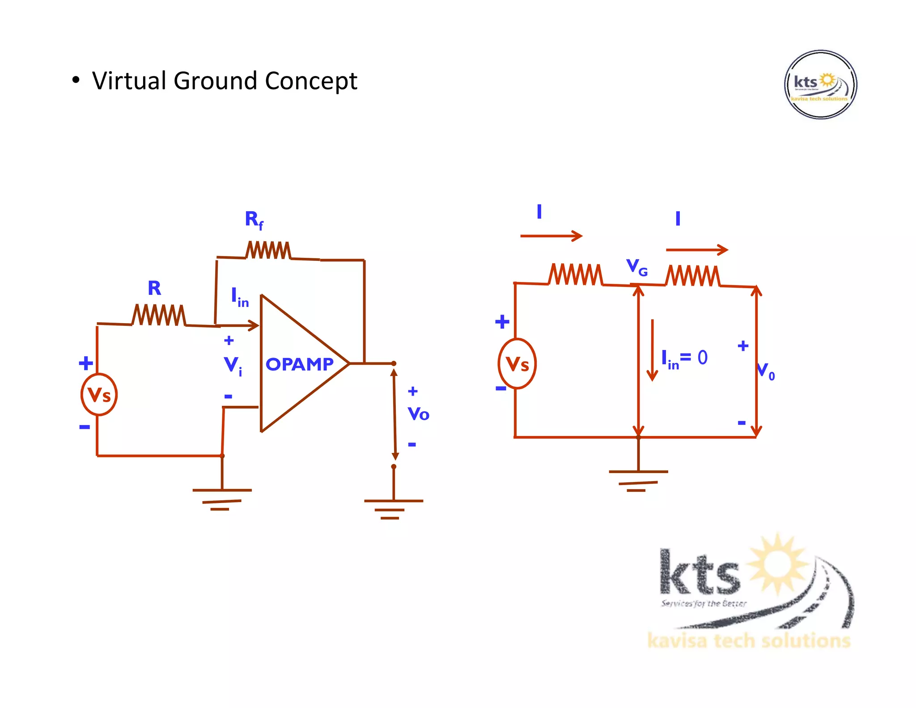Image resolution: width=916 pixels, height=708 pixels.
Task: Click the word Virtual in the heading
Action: pyautogui.click(x=129, y=81)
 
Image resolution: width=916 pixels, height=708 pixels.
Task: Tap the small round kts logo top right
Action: pyautogui.click(x=820, y=85)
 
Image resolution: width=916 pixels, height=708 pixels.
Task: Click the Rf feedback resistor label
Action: pyautogui.click(x=254, y=220)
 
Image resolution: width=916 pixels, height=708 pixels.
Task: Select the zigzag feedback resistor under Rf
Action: pyautogui.click(x=268, y=251)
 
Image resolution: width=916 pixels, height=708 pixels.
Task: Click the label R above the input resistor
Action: pyautogui.click(x=154, y=288)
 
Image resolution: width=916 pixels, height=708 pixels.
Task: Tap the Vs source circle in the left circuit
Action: pyautogui.click(x=99, y=395)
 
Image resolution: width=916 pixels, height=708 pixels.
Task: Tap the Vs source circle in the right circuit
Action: pyautogui.click(x=517, y=363)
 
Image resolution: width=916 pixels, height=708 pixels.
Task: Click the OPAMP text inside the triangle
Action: pyautogui.click(x=299, y=364)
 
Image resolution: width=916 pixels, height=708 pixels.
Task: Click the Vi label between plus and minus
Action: pyautogui.click(x=233, y=365)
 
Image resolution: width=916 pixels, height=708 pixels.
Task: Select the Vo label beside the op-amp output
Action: pyautogui.click(x=418, y=414)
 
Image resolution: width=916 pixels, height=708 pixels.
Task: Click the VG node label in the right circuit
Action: pyautogui.click(x=636, y=267)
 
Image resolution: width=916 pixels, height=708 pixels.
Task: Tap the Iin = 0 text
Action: pyautogui.click(x=684, y=358)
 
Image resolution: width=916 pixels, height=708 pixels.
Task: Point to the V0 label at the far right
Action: pyautogui.click(x=766, y=371)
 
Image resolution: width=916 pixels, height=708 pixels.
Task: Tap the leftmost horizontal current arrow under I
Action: pyautogui.click(x=551, y=236)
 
